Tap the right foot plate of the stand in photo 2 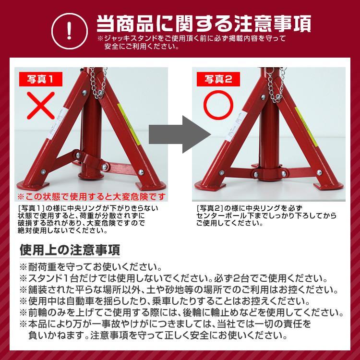328,184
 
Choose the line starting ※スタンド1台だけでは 173,279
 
